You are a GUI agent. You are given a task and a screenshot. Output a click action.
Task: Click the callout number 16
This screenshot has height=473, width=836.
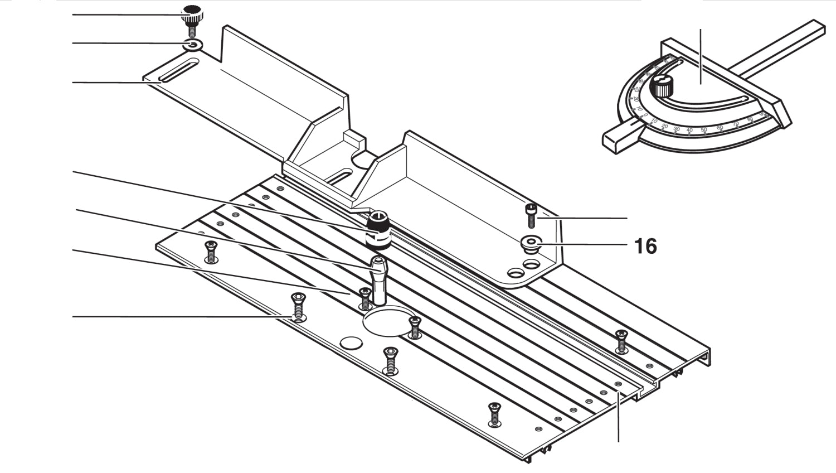pos(645,246)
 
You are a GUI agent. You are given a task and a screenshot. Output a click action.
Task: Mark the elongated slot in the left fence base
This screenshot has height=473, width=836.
pos(177,73)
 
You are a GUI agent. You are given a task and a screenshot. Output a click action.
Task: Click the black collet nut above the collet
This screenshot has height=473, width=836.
pos(378,229)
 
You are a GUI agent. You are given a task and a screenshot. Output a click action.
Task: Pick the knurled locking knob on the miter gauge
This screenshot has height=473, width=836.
pos(663,86)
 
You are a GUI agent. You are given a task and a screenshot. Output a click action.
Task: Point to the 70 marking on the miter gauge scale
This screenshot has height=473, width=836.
pos(735,124)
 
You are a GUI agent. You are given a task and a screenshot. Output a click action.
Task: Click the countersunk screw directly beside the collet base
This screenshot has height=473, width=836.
pos(364,298)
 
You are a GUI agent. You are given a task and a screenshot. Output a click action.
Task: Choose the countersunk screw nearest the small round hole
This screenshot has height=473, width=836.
pos(390,360)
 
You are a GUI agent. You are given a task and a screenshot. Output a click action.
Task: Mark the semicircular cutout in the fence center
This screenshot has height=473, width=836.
pos(362,161)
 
